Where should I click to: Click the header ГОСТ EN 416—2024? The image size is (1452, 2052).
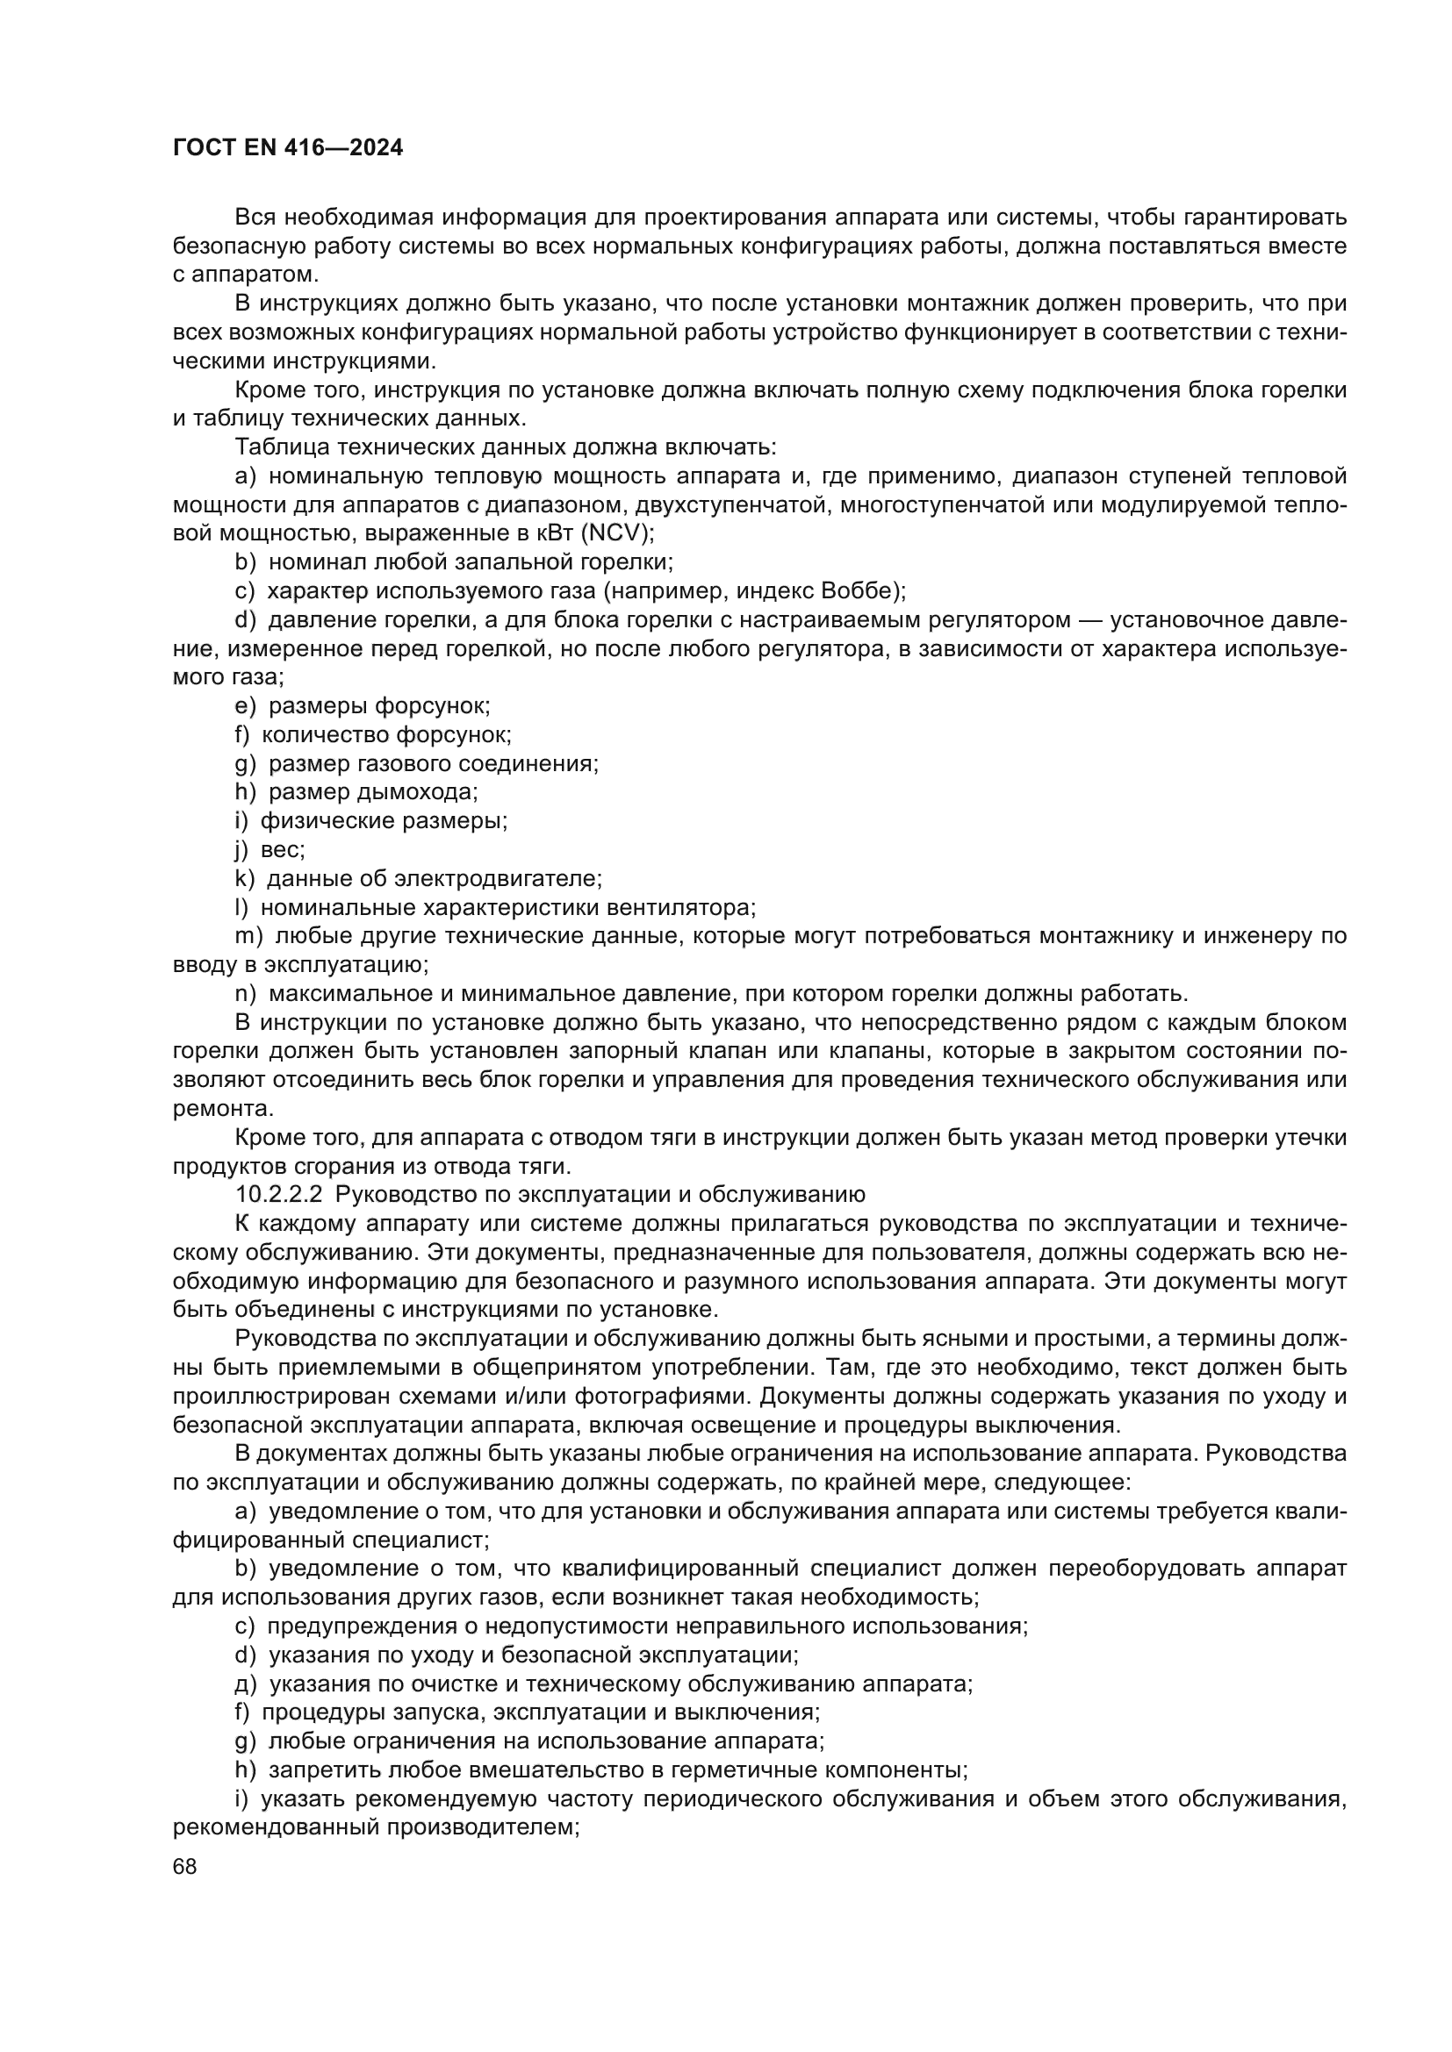[287, 148]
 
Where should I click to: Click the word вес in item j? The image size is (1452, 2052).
[282, 849]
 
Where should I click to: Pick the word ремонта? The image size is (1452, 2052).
[221, 1108]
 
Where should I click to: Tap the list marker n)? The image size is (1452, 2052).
[246, 994]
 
